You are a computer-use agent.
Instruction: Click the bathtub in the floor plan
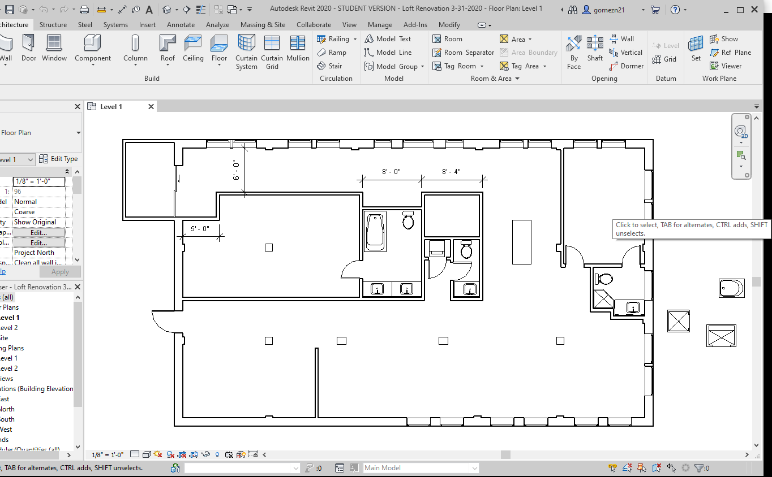375,231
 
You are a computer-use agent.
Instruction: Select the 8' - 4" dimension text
451,171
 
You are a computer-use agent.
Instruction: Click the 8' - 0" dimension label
391,171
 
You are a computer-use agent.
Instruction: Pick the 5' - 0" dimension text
200,229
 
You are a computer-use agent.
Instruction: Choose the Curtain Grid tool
272,51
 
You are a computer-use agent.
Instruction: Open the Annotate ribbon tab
181,25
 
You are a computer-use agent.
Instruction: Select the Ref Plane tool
730,53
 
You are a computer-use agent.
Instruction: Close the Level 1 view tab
151,106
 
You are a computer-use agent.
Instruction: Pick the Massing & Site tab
263,25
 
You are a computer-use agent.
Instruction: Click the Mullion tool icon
298,48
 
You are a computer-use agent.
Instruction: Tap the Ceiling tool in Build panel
193,48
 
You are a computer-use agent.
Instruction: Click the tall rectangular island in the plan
522,242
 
